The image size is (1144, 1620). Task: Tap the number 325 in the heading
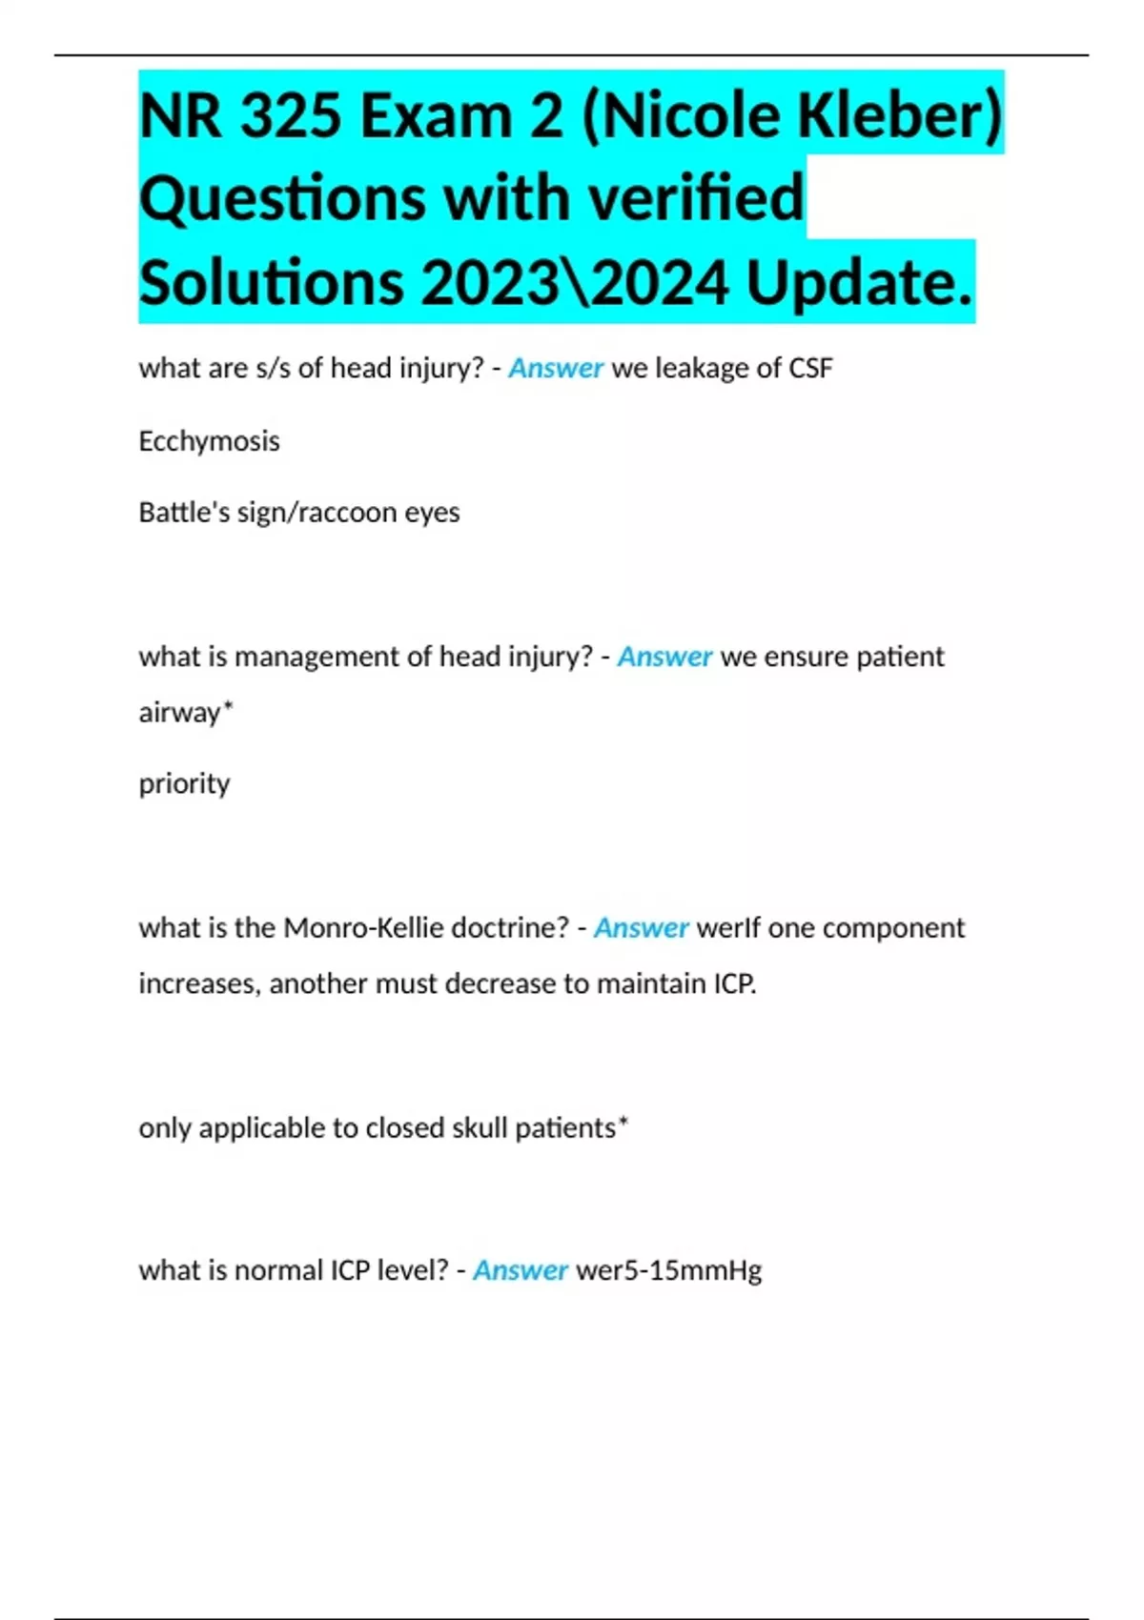point(290,115)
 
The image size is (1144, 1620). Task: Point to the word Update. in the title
point(859,283)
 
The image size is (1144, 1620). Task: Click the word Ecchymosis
point(209,441)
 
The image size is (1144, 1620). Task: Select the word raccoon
point(348,513)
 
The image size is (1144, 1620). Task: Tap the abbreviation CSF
point(810,368)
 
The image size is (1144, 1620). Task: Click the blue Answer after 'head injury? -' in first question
point(555,368)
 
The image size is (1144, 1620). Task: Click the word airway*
point(186,712)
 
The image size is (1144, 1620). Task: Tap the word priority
point(184,783)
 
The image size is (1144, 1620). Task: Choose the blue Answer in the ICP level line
point(521,1270)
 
